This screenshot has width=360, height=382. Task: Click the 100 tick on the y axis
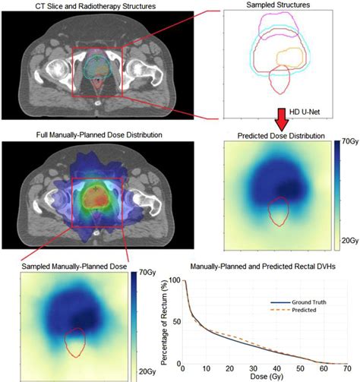click(x=176, y=279)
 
